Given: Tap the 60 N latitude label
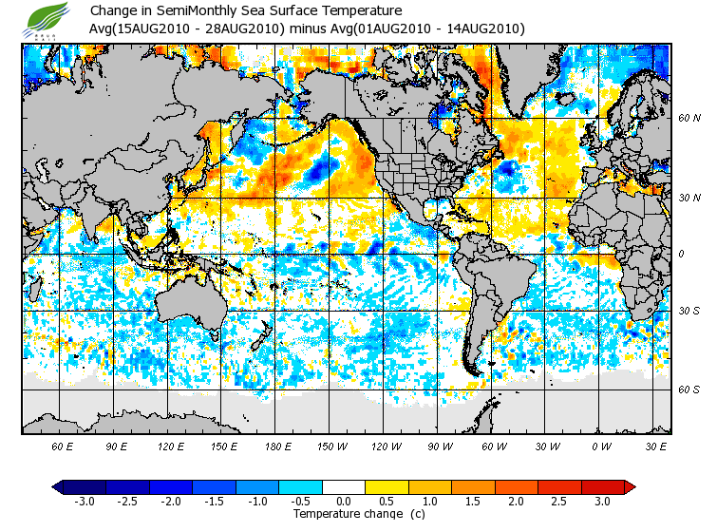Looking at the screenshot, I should [689, 118].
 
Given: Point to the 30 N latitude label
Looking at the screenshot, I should [689, 198].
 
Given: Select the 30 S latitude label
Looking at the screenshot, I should [689, 312].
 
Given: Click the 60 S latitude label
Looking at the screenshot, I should [689, 389].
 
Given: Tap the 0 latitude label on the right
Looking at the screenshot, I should [681, 255].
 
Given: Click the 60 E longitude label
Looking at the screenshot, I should [63, 446].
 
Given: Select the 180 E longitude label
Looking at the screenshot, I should [278, 446].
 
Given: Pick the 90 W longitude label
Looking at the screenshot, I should [441, 446].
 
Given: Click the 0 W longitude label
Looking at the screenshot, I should [602, 446].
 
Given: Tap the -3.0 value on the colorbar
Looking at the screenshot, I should [84, 501].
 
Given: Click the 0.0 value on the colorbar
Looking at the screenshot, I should [344, 501].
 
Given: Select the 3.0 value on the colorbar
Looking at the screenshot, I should [602, 501].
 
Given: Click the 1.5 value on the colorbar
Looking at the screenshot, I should [473, 501].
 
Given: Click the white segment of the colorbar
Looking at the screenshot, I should [344, 487].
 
